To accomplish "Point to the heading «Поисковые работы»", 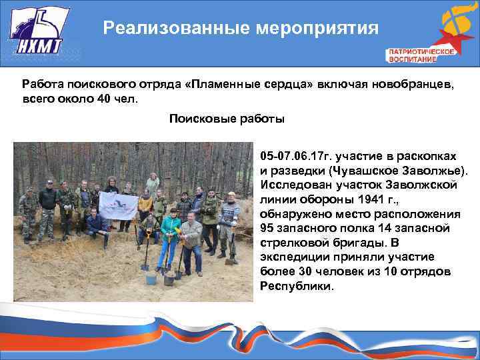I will (x=226, y=119).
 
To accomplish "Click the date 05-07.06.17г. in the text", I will (x=296, y=156).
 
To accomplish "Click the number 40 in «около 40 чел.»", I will (x=103, y=99).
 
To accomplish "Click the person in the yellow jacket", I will (x=145, y=203).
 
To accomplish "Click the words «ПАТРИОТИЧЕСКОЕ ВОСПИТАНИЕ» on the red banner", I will (x=421, y=55).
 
